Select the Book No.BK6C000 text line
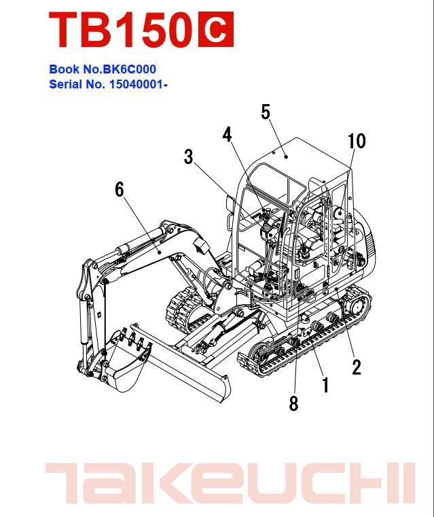tap(107, 69)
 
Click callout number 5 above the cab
tap(266, 112)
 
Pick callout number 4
tap(227, 134)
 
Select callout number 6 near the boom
tap(120, 190)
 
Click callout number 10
tap(356, 141)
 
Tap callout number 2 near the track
tap(356, 367)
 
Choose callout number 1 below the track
tap(325, 386)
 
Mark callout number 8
tap(293, 403)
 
